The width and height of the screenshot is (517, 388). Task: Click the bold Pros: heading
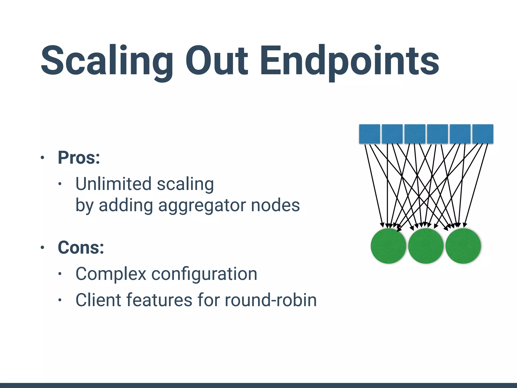(79, 158)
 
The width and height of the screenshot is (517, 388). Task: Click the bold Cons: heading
(81, 248)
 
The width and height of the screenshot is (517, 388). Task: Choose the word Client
(97, 300)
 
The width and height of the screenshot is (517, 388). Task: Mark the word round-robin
(270, 300)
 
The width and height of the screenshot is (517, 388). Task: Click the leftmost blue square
(369, 134)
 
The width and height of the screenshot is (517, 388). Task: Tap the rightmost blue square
(483, 134)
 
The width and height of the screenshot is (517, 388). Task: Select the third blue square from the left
(415, 134)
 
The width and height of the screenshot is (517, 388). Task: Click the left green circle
(388, 246)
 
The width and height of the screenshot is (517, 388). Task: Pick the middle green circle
(426, 246)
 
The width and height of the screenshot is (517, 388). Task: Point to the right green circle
(463, 246)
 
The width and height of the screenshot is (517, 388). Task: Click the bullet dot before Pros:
(42, 158)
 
